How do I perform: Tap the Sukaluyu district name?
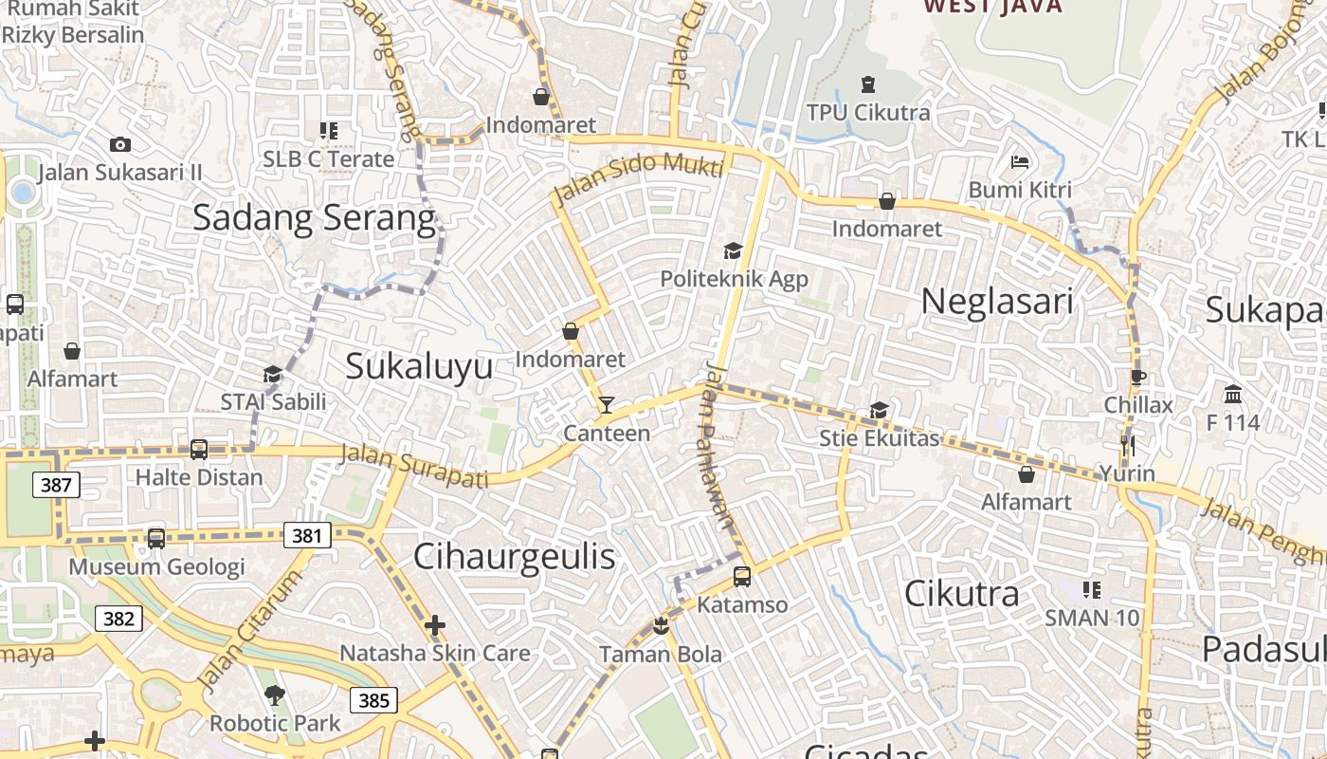tap(419, 366)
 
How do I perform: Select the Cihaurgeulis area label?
tap(515, 556)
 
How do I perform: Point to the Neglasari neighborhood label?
tap(997, 302)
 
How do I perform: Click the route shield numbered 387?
tap(57, 486)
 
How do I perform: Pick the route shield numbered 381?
tap(307, 535)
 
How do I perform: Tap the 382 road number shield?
tap(118, 619)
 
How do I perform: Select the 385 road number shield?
tap(374, 700)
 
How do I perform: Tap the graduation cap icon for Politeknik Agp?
tap(734, 250)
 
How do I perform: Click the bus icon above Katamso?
tap(742, 576)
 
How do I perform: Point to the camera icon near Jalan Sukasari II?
tap(120, 144)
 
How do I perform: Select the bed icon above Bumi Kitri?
tap(1020, 161)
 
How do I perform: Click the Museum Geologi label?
tap(156, 567)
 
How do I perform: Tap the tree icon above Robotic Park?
tap(275, 694)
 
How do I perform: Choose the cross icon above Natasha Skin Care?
tap(435, 625)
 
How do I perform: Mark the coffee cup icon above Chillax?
tap(1137, 377)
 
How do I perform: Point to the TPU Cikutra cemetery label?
tap(868, 113)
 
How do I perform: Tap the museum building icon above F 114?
tap(1233, 394)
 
